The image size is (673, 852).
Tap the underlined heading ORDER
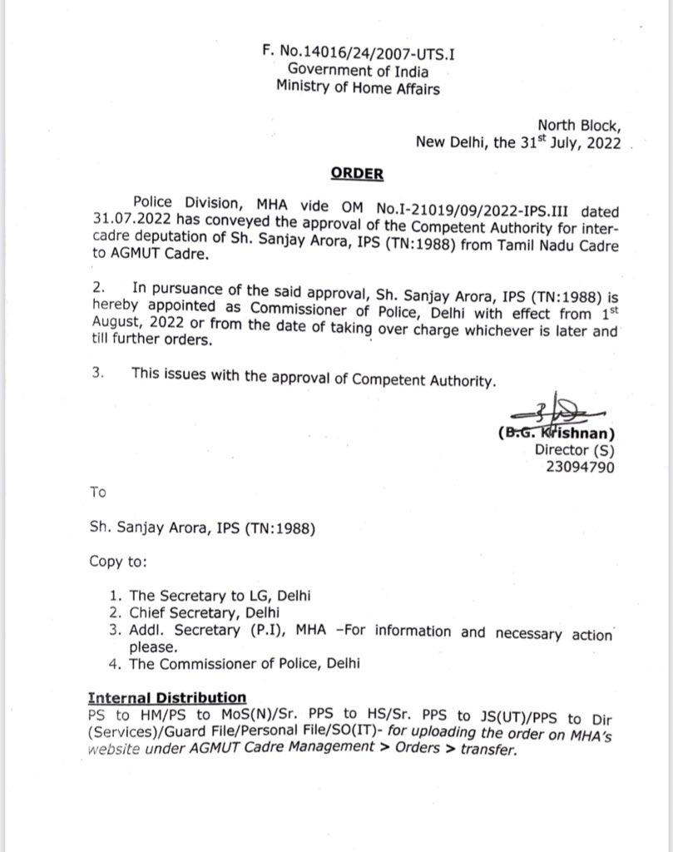pyautogui.click(x=357, y=174)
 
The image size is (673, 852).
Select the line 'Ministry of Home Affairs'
pyautogui.click(x=358, y=89)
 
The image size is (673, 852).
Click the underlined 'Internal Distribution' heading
pyautogui.click(x=167, y=697)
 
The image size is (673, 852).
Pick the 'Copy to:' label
pyautogui.click(x=118, y=562)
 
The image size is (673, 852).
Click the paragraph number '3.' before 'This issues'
pyautogui.click(x=97, y=374)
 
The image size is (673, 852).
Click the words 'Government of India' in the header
pyautogui.click(x=358, y=72)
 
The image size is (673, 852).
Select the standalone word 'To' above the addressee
pyautogui.click(x=98, y=492)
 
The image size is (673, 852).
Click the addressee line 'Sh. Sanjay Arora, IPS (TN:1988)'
pyautogui.click(x=202, y=528)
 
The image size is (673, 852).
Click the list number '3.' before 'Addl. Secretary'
pyautogui.click(x=115, y=631)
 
